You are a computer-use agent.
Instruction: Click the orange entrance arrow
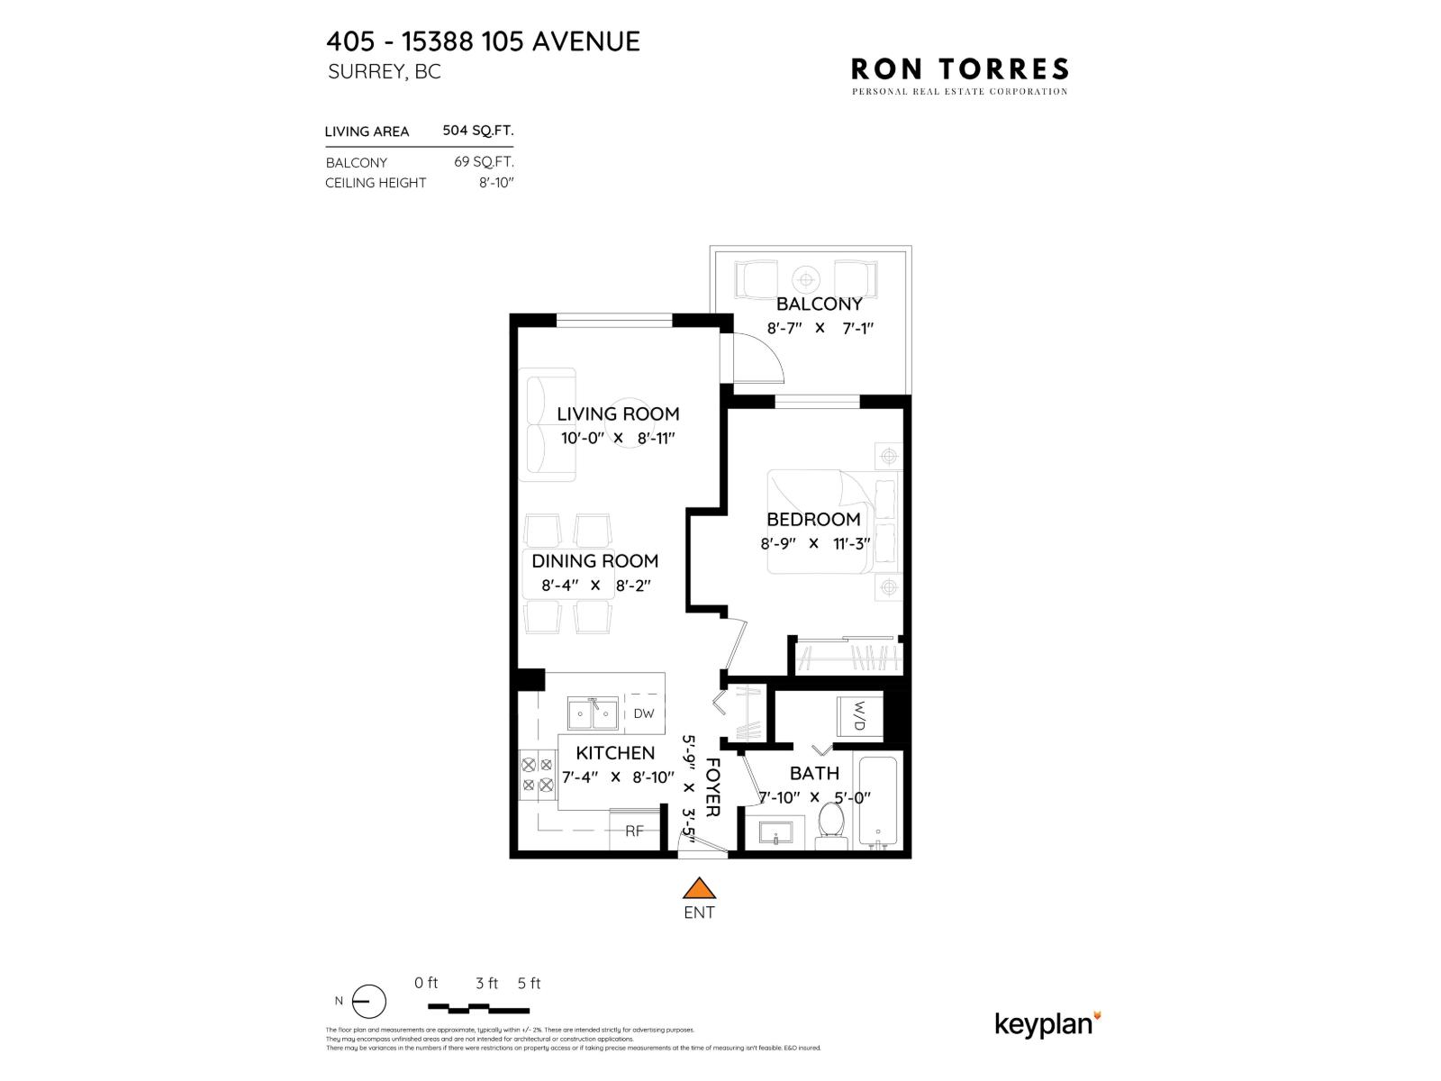[x=699, y=889]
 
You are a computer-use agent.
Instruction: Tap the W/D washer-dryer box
[x=858, y=716]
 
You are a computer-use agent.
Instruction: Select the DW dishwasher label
[x=643, y=713]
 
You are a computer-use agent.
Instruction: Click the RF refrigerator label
[x=634, y=831]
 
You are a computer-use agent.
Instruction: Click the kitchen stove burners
[x=537, y=775]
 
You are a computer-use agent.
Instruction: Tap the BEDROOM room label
[x=813, y=519]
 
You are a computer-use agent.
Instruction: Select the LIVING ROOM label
[x=618, y=413]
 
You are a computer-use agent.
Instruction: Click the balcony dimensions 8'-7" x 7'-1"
[x=820, y=328]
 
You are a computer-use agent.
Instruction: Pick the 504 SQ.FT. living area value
[x=477, y=131]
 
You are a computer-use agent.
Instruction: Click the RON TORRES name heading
[x=960, y=68]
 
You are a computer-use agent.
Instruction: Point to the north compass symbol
[x=368, y=1002]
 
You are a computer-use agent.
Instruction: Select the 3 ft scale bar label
[x=486, y=983]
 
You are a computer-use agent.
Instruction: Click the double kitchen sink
[x=593, y=714]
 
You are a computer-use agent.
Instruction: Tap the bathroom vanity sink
[x=775, y=833]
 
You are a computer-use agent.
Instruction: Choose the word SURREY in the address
[x=366, y=72]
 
